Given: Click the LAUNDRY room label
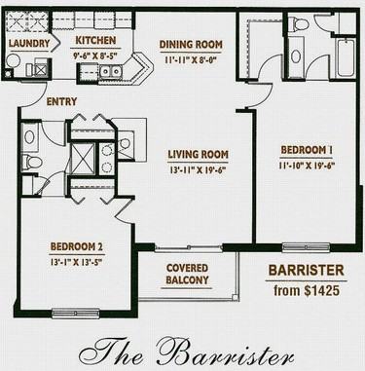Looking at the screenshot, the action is coord(29,43).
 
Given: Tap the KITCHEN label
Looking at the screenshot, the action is coord(95,40).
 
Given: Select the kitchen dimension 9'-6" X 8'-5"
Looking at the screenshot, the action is coord(95,55).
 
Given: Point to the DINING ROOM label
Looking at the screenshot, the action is coord(191,44).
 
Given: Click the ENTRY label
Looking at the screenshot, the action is coord(61,101).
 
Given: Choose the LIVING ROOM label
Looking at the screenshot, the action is coord(198,154).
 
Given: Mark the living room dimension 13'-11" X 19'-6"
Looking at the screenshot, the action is coord(198,169).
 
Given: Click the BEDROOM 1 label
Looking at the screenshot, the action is coord(307,150).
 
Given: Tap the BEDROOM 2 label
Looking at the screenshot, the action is coord(77,246).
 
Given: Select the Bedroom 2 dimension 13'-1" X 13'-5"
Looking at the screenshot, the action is coord(77,262).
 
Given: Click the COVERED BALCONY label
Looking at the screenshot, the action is coord(187,274).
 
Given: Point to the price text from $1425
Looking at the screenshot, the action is coord(307,290).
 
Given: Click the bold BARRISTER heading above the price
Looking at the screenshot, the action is coord(307,270).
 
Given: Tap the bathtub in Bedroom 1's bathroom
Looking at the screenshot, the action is coord(347,57).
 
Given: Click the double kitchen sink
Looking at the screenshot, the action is coord(111,71).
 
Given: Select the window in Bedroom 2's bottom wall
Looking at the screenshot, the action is coord(76,313).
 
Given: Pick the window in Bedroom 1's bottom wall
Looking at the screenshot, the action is coord(306,247).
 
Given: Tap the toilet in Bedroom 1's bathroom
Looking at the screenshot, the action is coord(298,22).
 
